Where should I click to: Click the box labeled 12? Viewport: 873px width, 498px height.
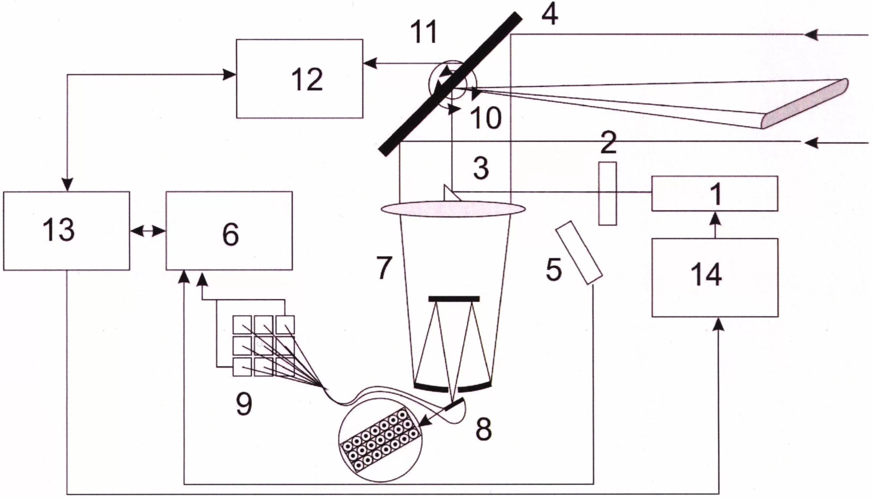[299, 79]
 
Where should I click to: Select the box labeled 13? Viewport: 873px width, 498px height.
[67, 231]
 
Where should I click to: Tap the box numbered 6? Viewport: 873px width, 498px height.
[229, 231]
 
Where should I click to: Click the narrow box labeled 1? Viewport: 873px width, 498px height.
[715, 194]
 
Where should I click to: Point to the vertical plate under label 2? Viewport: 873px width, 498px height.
[608, 194]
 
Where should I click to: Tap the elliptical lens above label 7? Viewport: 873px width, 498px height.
[453, 209]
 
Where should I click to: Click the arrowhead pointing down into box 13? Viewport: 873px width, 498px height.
[67, 185]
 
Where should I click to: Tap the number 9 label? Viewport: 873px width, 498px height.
[244, 403]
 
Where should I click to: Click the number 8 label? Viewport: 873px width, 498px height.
[483, 429]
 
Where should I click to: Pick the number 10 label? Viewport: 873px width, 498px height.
[486, 118]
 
